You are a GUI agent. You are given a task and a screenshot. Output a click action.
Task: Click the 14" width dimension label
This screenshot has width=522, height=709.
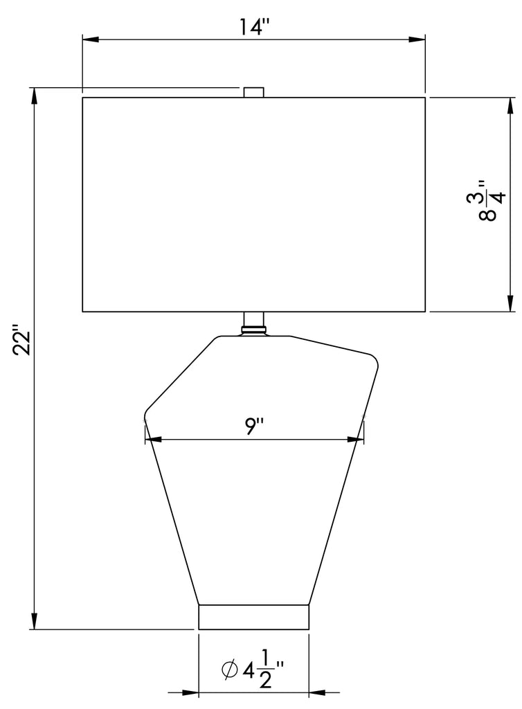[254, 27]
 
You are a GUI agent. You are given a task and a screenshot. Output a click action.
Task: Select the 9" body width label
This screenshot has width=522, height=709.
[254, 427]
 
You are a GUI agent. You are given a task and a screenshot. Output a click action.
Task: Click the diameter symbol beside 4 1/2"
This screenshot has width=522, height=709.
[230, 670]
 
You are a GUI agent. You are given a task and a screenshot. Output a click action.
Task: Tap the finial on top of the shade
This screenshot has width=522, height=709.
[253, 92]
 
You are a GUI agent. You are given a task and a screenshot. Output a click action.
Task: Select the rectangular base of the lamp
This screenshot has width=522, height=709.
[253, 616]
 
